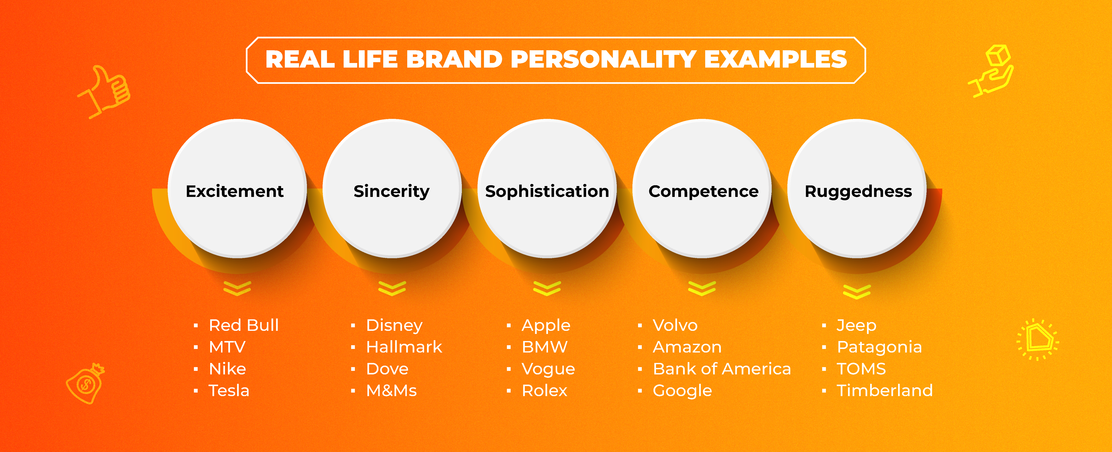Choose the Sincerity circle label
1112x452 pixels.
(392, 191)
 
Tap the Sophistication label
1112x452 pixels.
(547, 191)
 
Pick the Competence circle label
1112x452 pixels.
(703, 191)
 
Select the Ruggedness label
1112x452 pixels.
(858, 191)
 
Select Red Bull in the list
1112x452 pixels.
(244, 325)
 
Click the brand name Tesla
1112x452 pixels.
(229, 391)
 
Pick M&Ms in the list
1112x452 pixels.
(392, 391)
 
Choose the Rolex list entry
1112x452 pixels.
(544, 391)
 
